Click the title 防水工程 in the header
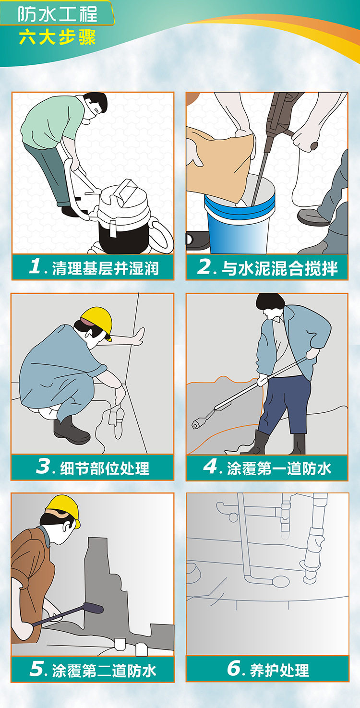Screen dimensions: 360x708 [57, 14]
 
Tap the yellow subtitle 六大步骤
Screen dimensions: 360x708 [57, 37]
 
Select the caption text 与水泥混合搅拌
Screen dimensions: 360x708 [280, 268]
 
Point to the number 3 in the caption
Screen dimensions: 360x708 [43, 466]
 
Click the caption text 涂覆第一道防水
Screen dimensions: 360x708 [279, 468]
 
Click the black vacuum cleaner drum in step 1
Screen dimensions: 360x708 [124, 236]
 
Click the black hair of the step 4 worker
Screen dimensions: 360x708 [270, 302]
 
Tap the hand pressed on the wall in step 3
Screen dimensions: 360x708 [140, 336]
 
